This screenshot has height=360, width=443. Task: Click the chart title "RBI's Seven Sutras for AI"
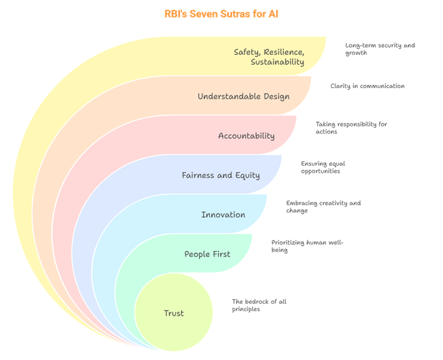[x=221, y=14]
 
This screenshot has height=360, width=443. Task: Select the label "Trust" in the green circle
[x=173, y=314]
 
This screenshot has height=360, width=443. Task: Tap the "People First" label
[x=207, y=254]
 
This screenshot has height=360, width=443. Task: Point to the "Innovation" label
[x=223, y=215]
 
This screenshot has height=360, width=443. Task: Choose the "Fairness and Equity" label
[x=221, y=175]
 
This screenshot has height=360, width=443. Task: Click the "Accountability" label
[x=246, y=136]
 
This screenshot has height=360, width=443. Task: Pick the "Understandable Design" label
[x=244, y=97]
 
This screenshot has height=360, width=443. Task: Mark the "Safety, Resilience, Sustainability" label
[x=270, y=57]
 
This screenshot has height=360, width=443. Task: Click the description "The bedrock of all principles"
[x=259, y=305]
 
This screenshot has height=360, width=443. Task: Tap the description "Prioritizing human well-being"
[x=307, y=246]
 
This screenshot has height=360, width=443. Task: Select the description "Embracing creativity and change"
[x=323, y=207]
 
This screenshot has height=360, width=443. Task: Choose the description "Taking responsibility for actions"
[x=351, y=127]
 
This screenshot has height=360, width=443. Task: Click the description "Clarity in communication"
[x=367, y=86]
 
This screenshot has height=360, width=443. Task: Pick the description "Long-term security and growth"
[x=380, y=49]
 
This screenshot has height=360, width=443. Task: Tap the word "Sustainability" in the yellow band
[x=278, y=63]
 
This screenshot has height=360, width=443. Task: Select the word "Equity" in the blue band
[x=246, y=175]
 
